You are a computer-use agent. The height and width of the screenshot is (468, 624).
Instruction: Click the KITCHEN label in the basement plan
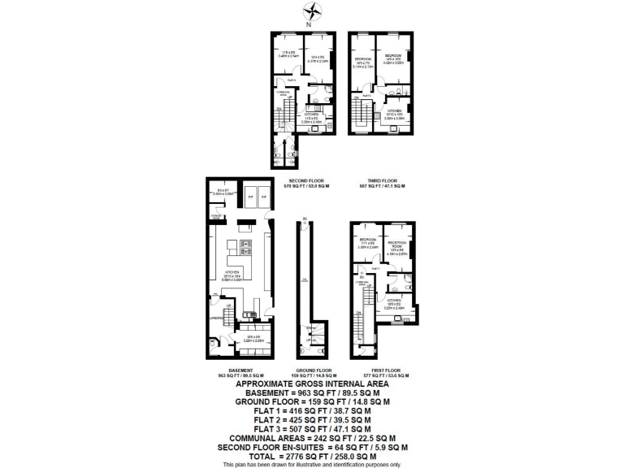point(231,272)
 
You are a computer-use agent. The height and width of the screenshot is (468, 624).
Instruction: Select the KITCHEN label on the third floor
point(395,111)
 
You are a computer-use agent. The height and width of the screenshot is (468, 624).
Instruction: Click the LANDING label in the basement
point(214,318)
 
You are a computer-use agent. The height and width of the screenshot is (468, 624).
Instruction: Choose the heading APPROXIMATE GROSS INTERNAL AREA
point(311,383)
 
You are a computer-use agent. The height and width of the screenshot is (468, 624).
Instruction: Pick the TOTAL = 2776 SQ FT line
point(311,456)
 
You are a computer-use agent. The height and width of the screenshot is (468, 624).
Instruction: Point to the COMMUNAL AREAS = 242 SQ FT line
point(311,437)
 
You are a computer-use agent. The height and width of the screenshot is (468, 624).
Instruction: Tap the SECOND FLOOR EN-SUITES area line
point(311,447)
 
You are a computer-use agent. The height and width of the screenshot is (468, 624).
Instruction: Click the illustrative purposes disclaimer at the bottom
point(311,464)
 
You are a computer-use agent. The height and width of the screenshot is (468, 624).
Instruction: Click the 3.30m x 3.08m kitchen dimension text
point(395,119)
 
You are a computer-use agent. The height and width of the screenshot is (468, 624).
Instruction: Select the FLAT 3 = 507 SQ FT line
point(311,428)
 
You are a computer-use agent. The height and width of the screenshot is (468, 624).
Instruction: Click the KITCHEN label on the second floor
point(311,115)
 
